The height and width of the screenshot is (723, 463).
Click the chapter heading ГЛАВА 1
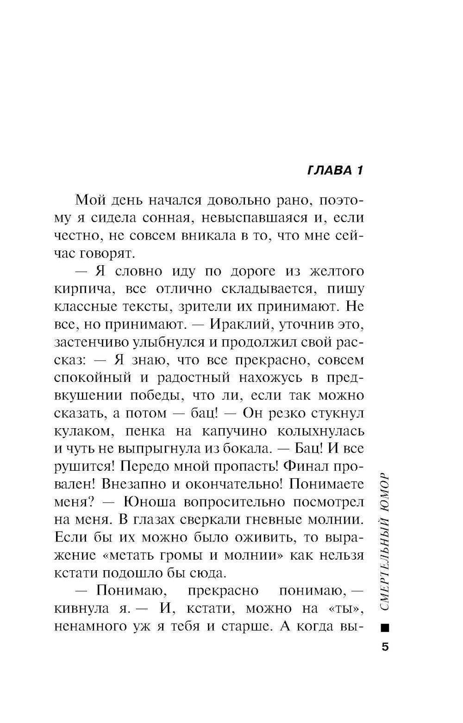(x=335, y=170)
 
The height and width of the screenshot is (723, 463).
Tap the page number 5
(x=385, y=646)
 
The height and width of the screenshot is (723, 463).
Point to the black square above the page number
(x=385, y=628)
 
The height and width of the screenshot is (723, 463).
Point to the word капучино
(x=234, y=431)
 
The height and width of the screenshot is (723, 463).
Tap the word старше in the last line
(x=243, y=626)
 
